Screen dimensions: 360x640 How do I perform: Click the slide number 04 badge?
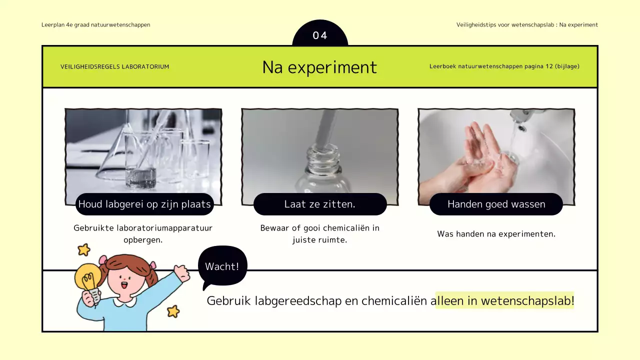point(320,35)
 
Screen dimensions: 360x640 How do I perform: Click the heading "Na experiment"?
point(319,67)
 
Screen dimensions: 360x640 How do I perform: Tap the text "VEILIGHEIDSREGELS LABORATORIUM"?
point(114,66)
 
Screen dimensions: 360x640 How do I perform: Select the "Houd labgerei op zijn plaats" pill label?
point(144,204)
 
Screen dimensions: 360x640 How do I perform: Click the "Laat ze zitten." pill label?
point(320,204)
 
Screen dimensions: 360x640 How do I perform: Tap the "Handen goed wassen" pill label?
point(496,204)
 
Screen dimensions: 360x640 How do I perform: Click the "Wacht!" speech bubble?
point(222,266)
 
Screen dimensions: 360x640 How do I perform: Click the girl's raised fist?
point(181,272)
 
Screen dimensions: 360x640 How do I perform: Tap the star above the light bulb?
point(83,249)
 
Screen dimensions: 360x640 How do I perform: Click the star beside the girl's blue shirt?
point(173,311)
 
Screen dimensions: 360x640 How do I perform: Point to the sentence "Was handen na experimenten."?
point(496,234)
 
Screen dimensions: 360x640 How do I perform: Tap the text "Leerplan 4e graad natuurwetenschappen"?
point(95,24)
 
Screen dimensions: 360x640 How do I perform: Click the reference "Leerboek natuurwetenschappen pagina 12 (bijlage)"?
point(504,66)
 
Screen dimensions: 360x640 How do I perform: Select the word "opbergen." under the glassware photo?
point(143,240)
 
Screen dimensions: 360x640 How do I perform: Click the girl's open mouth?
point(124,285)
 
